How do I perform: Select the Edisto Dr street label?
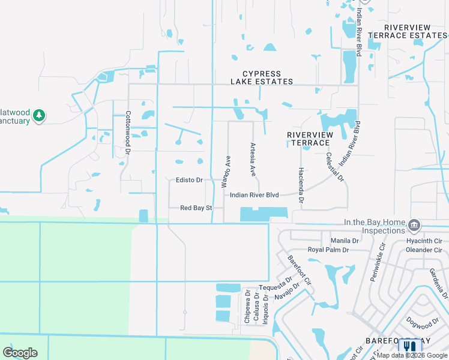tap(189, 180)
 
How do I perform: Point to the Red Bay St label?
tap(197, 208)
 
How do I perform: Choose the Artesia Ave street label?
tap(253, 159)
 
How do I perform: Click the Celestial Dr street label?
tap(334, 166)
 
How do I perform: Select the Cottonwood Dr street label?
tap(128, 130)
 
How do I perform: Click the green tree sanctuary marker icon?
tap(39, 115)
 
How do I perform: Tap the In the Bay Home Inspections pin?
tap(414, 225)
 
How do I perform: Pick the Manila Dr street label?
tap(344, 241)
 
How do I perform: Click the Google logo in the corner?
tap(20, 353)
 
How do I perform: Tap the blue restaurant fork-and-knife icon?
tap(410, 346)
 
